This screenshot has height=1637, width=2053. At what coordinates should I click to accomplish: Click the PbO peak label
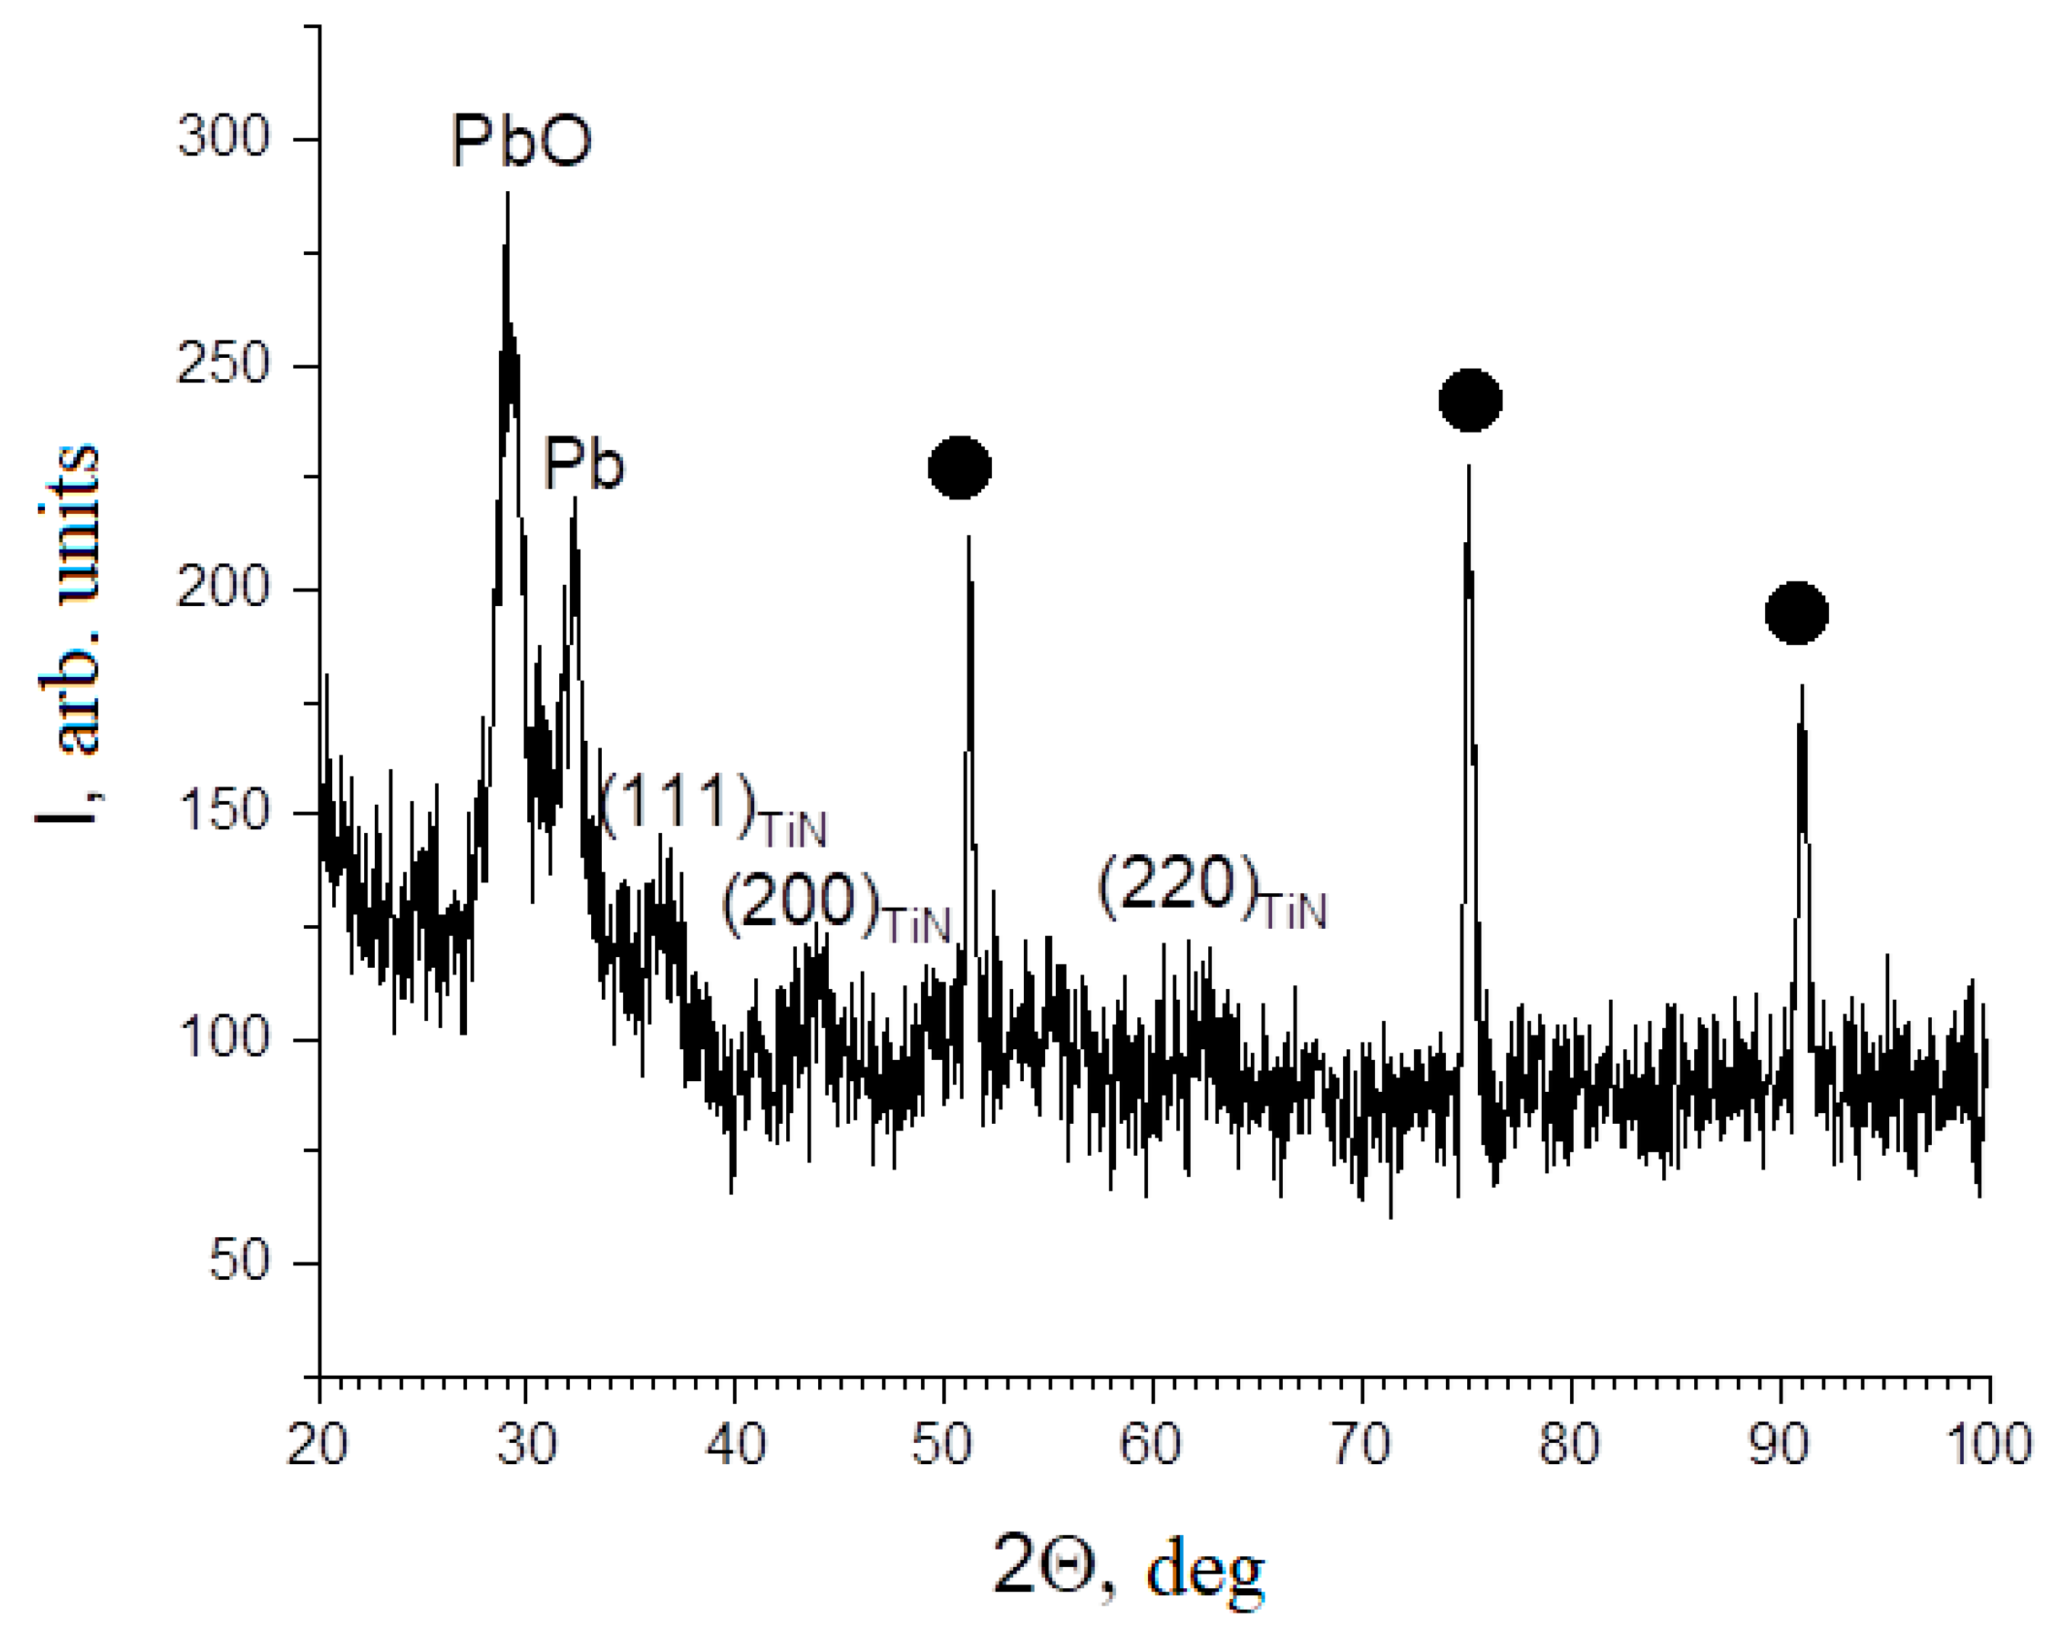[x=521, y=142]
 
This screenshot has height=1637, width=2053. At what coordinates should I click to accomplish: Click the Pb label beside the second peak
[x=583, y=465]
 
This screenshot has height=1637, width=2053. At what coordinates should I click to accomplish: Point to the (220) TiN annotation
[x=1211, y=889]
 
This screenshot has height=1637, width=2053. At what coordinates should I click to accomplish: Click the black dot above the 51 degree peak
[x=960, y=467]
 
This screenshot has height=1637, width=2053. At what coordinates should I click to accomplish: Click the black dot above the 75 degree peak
[x=1470, y=400]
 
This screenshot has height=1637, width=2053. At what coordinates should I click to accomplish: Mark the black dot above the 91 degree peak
[x=1797, y=612]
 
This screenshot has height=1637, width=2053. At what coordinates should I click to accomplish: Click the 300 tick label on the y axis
[x=224, y=136]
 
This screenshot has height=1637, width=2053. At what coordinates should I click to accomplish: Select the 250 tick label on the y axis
[x=224, y=364]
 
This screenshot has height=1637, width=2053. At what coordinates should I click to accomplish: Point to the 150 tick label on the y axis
[x=224, y=811]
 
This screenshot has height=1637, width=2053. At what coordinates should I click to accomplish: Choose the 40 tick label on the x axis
[x=735, y=1444]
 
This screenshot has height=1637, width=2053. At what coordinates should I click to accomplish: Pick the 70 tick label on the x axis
[x=1361, y=1444]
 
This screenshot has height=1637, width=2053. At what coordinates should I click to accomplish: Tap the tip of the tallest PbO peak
[x=507, y=193]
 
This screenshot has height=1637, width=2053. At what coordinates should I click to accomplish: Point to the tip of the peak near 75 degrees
[x=1469, y=466]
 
